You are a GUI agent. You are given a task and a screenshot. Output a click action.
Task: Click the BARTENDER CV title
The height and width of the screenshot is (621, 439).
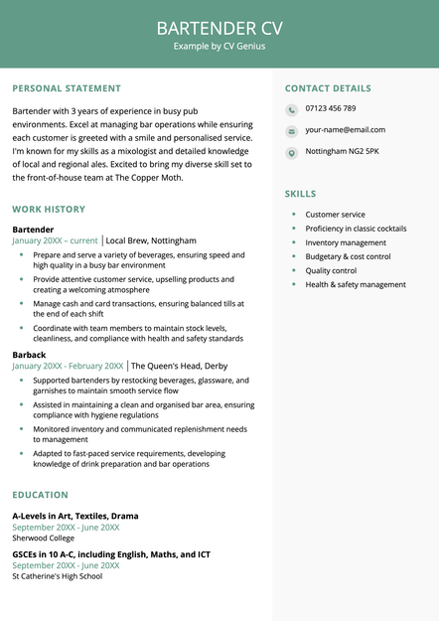pos(219,27)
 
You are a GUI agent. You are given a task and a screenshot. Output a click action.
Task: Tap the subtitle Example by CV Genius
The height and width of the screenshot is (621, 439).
pos(219,46)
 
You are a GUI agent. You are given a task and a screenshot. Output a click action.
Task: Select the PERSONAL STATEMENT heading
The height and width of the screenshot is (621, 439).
pos(67,88)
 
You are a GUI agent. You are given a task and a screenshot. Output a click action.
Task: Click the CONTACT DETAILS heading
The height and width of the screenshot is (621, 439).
pos(328,88)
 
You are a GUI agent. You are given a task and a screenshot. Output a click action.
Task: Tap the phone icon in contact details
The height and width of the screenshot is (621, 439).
pos(291,109)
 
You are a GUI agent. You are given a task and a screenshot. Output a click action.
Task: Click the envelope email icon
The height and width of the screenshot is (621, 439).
pos(291,131)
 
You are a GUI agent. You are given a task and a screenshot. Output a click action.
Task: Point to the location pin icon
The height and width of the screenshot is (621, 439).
pos(291,152)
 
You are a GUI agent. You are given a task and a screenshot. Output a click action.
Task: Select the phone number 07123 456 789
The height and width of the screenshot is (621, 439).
pos(331,108)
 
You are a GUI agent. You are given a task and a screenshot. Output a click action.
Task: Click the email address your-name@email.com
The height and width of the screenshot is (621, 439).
pos(345,130)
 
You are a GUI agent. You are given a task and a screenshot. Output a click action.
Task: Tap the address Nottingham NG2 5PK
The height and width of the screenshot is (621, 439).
pos(342,151)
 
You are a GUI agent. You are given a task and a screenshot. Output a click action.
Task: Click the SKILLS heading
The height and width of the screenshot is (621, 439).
pos(301,194)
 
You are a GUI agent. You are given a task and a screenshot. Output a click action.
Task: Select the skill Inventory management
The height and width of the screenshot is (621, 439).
pos(346,242)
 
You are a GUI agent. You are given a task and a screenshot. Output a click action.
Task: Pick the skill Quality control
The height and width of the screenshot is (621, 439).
pos(331,270)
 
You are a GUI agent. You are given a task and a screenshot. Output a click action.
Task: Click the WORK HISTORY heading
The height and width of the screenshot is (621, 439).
pos(49,210)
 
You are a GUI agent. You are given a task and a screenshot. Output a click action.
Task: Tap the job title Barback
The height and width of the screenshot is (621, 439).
pos(29,354)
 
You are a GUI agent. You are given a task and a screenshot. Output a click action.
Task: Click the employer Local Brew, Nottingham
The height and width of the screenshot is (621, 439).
pos(151,240)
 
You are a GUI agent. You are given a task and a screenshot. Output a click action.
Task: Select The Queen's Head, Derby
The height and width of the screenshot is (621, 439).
pos(180,366)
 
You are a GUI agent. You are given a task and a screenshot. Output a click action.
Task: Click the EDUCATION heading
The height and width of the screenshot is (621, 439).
pos(41,495)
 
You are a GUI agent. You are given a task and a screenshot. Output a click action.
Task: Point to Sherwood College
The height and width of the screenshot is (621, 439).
pos(44,538)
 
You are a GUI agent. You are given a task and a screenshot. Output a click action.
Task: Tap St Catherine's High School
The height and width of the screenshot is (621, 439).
pos(57,576)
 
